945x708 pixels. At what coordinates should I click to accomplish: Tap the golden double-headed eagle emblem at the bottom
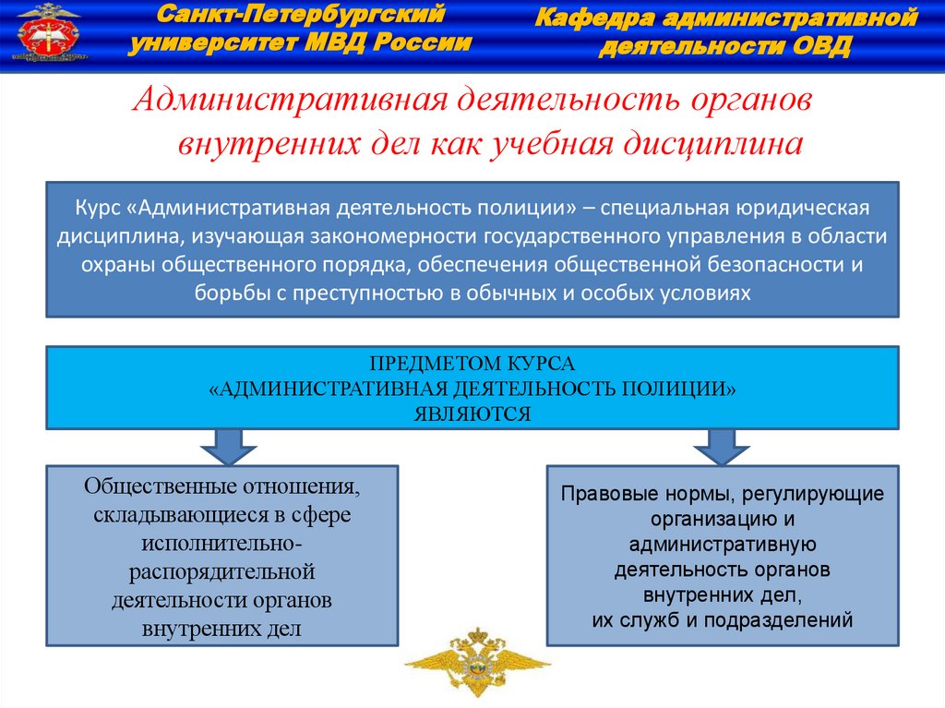point(476,661)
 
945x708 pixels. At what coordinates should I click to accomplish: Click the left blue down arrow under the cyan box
point(222,445)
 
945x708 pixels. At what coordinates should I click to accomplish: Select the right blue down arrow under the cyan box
point(720,445)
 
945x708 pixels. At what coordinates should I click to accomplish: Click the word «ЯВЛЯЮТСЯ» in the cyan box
point(472,414)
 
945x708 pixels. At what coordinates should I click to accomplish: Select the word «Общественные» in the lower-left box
point(154,486)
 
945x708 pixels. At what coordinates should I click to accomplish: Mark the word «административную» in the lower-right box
point(722,545)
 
